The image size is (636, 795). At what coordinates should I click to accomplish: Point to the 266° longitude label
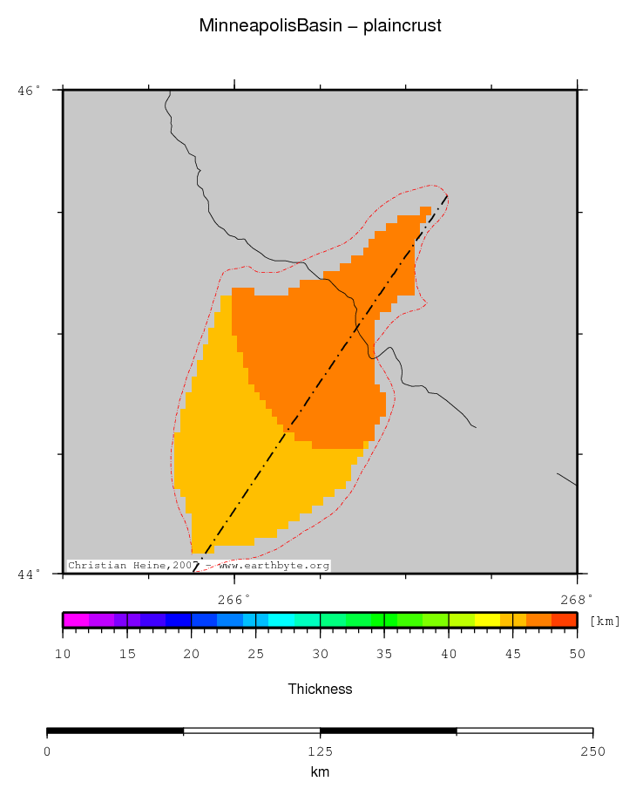click(x=233, y=599)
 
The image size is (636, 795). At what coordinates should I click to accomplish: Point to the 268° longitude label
click(x=576, y=599)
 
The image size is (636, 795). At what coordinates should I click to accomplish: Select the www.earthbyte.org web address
click(x=274, y=566)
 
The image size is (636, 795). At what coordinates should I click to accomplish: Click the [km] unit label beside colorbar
click(x=605, y=621)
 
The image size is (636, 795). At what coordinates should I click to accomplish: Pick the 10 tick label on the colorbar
click(x=63, y=655)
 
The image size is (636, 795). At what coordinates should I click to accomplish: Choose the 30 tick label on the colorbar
click(x=320, y=655)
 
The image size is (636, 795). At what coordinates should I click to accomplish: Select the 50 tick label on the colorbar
click(x=577, y=655)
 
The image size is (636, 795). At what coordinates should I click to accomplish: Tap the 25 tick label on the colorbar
click(x=255, y=655)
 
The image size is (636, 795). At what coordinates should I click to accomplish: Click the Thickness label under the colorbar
click(x=320, y=690)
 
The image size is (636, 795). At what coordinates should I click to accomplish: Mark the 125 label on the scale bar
click(x=320, y=751)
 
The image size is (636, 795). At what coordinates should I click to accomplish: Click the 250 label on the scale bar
click(x=592, y=751)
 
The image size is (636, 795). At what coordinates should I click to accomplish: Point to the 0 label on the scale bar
click(x=47, y=751)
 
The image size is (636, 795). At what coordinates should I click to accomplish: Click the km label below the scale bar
click(x=320, y=772)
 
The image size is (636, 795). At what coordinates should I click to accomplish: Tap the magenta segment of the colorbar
click(x=76, y=620)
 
